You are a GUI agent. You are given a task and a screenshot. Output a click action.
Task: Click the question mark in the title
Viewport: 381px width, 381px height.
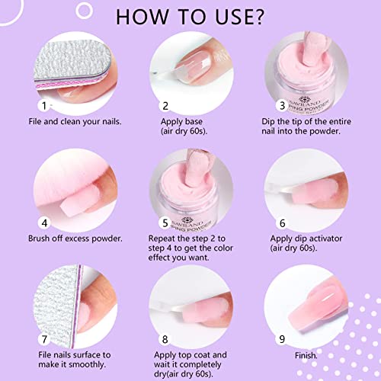pyautogui.click(x=258, y=18)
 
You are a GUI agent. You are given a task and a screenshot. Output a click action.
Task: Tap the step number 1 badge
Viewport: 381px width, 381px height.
pyautogui.click(x=44, y=106)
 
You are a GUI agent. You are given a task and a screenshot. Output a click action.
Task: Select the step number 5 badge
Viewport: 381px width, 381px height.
pyautogui.click(x=165, y=223)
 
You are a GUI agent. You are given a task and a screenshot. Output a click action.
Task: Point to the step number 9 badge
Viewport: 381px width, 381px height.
pyautogui.click(x=282, y=339)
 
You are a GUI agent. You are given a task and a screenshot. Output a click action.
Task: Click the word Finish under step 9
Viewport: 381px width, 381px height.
pyautogui.click(x=306, y=355)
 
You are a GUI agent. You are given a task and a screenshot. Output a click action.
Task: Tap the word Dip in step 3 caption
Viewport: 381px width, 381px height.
pyautogui.click(x=268, y=122)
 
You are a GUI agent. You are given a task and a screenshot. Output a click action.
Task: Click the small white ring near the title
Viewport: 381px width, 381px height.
pyautogui.click(x=84, y=11)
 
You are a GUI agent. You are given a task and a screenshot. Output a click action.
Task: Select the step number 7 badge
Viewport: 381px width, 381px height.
pyautogui.click(x=44, y=339)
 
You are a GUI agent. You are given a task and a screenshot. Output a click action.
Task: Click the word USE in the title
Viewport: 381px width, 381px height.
pyautogui.click(x=232, y=18)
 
